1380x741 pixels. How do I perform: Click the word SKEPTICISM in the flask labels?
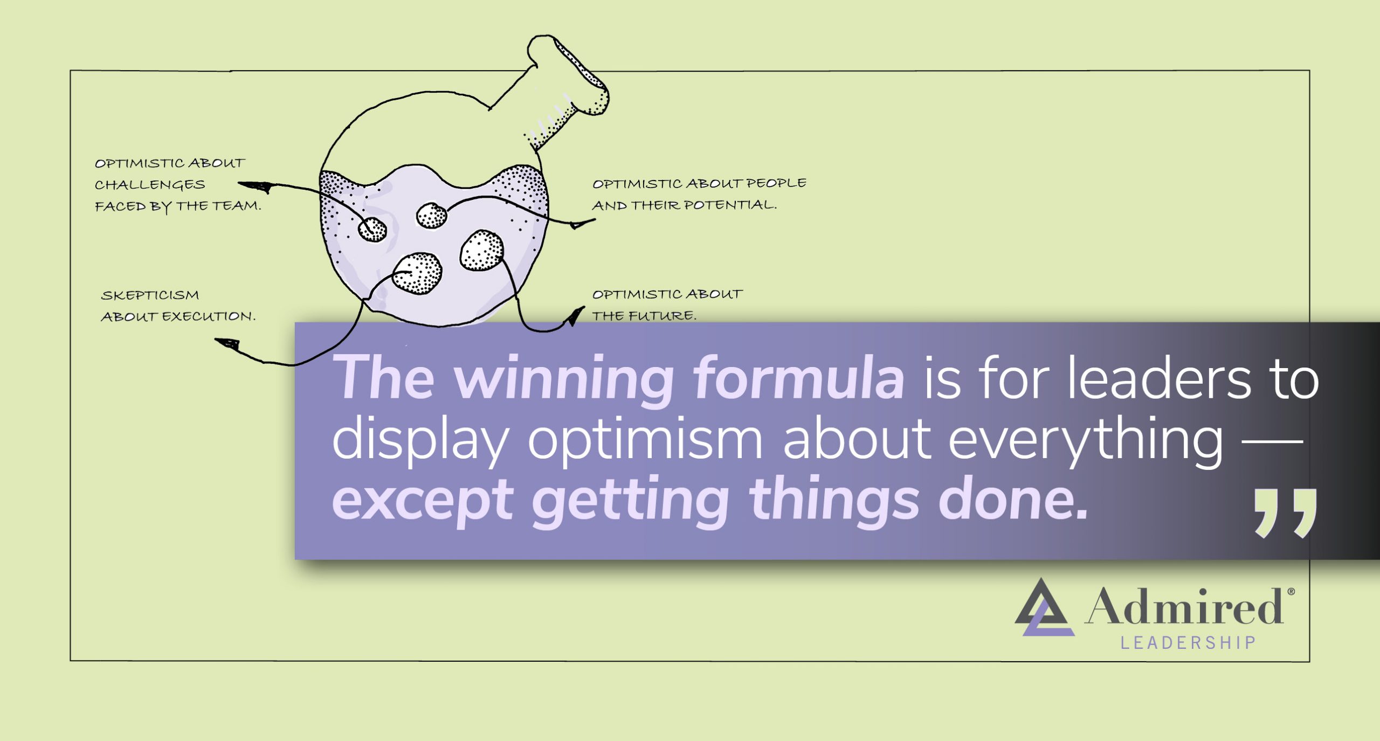point(150,295)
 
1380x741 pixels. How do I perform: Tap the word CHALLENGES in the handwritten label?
point(150,185)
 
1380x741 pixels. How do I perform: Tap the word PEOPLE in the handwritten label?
point(776,183)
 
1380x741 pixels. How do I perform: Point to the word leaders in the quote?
point(1159,378)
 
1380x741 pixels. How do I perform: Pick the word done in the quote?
point(1013,500)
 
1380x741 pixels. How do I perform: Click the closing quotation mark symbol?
point(1286,513)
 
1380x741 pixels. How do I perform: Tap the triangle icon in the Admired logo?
point(1043,609)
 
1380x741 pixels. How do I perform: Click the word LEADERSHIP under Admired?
point(1188,643)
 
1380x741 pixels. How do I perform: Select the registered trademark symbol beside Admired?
point(1291,592)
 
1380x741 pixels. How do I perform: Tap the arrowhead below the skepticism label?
point(227,343)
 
